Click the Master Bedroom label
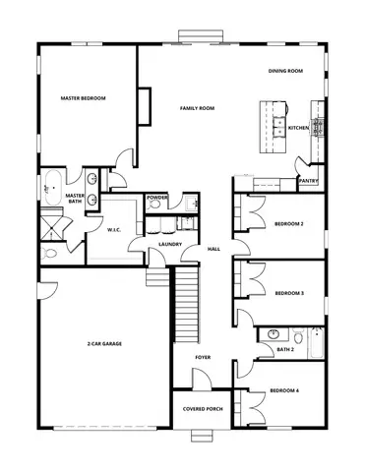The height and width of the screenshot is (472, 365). pos(83,98)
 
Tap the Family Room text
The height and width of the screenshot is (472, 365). pos(197,107)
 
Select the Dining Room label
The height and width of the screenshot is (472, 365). pos(285,71)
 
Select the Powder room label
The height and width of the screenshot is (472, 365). pos(157,198)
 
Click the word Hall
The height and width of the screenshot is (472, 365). pos(213,249)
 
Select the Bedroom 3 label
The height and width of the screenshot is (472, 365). pos(288,293)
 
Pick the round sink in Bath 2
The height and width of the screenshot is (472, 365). pos(271,333)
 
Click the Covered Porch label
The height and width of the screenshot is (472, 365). pos(201,409)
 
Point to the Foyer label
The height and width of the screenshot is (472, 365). pos(203,357)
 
